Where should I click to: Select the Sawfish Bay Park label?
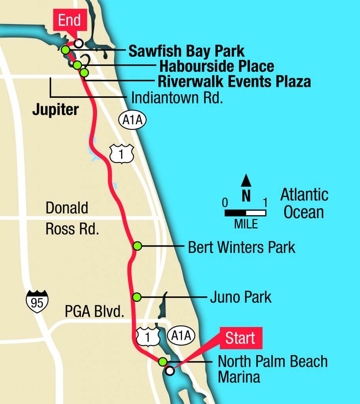(186, 51)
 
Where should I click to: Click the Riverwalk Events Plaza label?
(234, 82)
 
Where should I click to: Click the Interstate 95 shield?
(37, 301)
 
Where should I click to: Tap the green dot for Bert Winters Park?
(137, 246)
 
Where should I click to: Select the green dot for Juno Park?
(137, 297)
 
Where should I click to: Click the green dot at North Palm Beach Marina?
(162, 361)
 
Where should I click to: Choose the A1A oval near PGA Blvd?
(181, 336)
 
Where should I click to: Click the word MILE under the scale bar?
(246, 225)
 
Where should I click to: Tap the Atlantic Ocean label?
(304, 204)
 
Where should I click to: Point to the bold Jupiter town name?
(55, 110)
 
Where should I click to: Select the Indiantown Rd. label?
(177, 97)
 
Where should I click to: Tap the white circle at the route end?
(79, 43)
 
